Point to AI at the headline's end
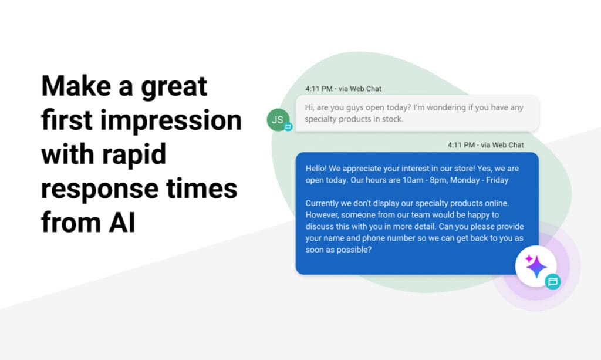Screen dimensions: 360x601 [122, 223]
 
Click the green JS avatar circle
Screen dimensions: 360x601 [278, 120]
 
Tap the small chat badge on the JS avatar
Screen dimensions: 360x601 [288, 127]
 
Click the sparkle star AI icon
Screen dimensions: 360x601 [536, 266]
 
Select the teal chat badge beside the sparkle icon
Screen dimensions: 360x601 [552, 281]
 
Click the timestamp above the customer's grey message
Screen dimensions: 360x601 [343, 89]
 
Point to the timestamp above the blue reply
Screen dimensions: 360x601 [485, 144]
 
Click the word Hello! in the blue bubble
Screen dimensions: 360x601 [319, 169]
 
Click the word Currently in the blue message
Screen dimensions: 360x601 [324, 203]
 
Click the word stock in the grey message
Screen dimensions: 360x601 [390, 119]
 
